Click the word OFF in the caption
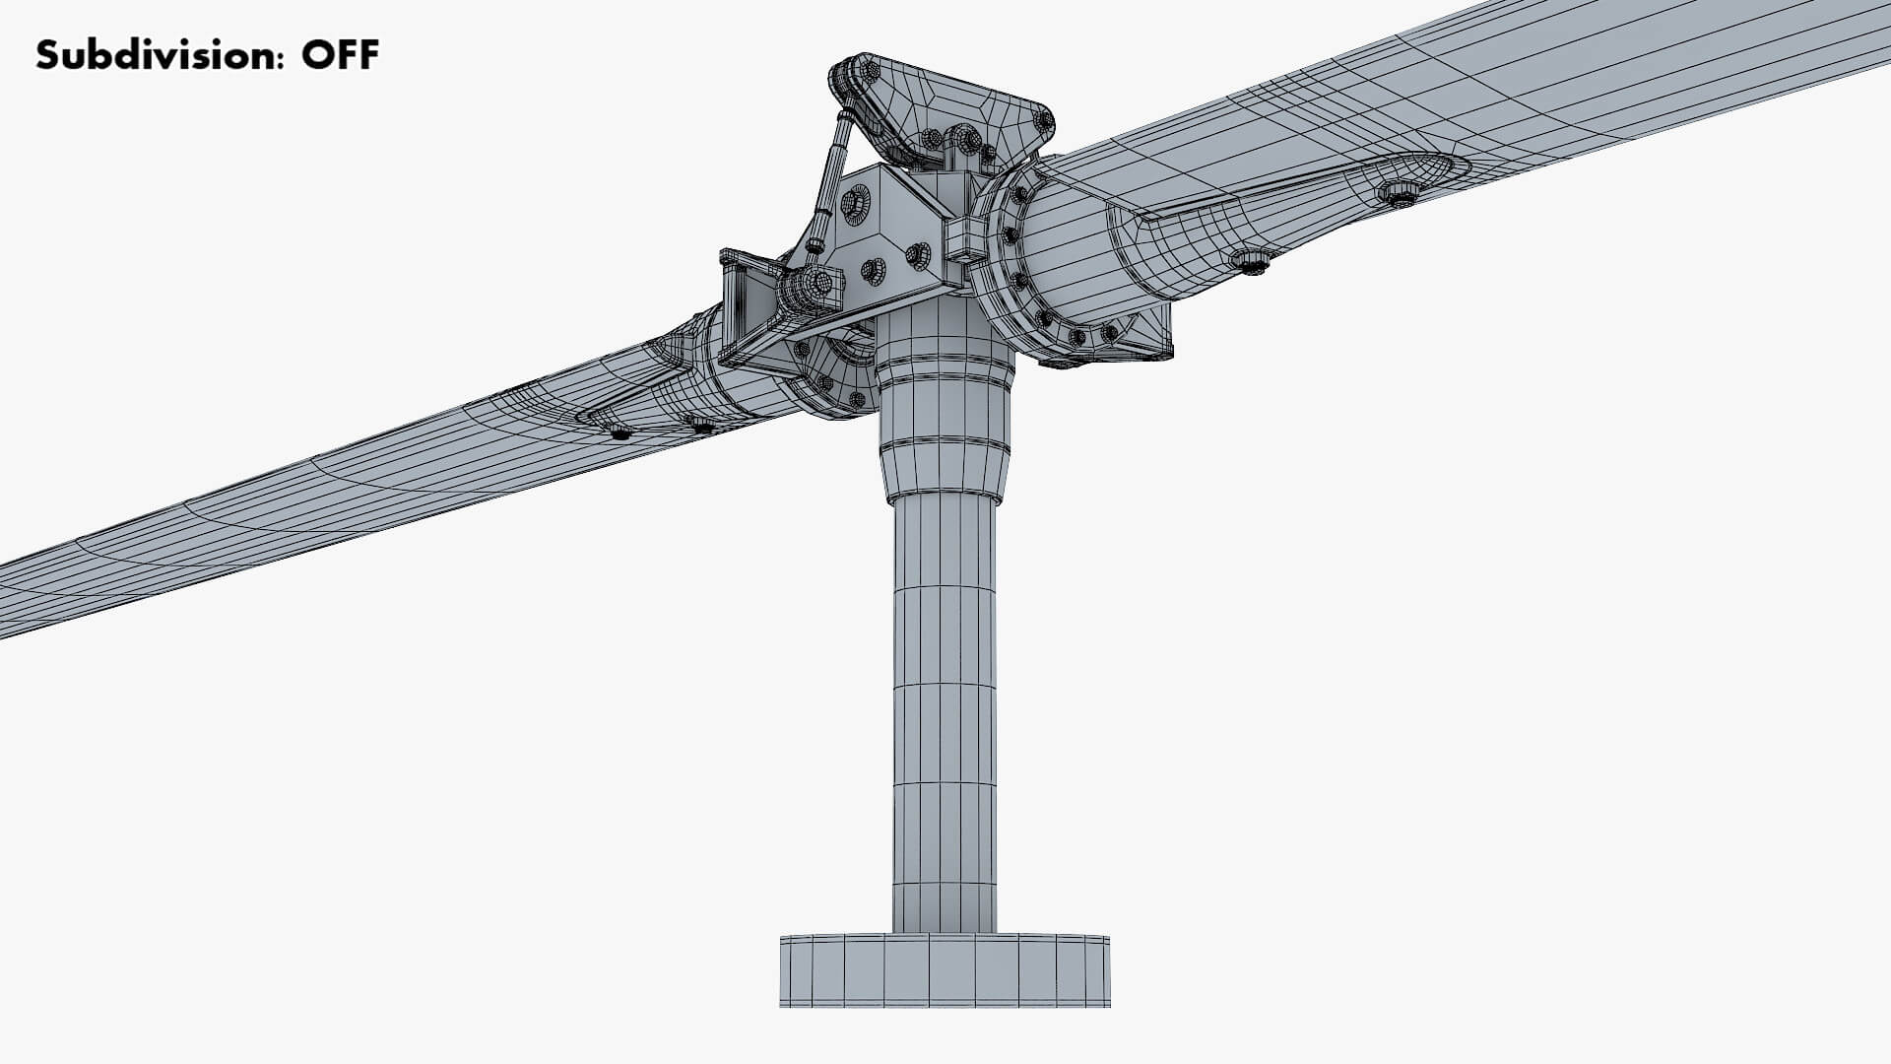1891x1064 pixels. pyautogui.click(x=340, y=55)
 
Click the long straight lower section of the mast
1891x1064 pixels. pyautogui.click(x=944, y=709)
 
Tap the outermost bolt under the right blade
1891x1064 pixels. pyautogui.click(x=1399, y=193)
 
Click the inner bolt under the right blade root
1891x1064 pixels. pyautogui.click(x=1251, y=262)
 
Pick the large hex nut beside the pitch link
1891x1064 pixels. pyautogui.click(x=855, y=202)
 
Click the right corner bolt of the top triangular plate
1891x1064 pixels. pyautogui.click(x=1042, y=122)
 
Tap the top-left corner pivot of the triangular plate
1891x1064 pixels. pyautogui.click(x=867, y=71)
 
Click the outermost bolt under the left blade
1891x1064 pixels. pyautogui.click(x=619, y=432)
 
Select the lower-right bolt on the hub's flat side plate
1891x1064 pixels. pyautogui.click(x=918, y=255)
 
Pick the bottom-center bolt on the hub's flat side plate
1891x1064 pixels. pyautogui.click(x=873, y=271)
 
